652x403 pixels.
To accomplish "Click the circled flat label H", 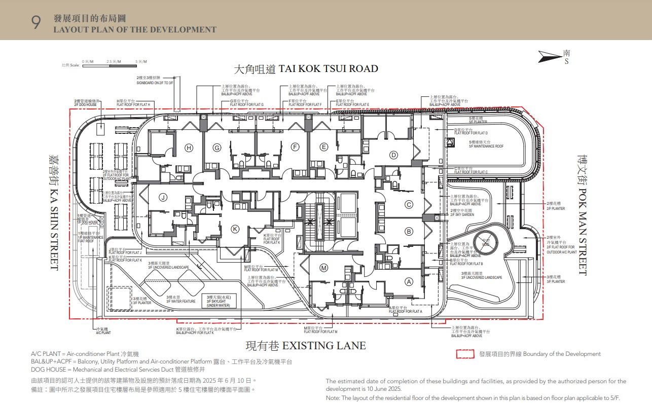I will click(x=189, y=148).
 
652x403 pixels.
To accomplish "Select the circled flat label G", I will click(x=217, y=148).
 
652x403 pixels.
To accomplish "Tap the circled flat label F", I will click(x=295, y=148).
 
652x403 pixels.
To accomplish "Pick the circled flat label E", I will click(x=324, y=148).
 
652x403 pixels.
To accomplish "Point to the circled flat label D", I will click(x=393, y=155).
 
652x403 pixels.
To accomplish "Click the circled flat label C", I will click(x=409, y=205).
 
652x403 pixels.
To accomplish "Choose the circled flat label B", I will click(x=409, y=232).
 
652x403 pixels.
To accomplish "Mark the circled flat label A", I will click(x=409, y=282).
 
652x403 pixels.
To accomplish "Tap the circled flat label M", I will click(x=323, y=268).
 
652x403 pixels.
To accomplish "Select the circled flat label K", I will click(x=235, y=229).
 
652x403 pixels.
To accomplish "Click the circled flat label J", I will click(x=163, y=197).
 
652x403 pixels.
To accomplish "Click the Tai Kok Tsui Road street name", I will click(x=306, y=69).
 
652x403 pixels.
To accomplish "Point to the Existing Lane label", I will click(x=306, y=346).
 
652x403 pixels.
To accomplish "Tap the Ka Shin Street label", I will click(x=53, y=212).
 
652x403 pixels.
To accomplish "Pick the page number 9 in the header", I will click(x=36, y=23).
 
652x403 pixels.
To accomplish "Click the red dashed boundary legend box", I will click(x=465, y=354).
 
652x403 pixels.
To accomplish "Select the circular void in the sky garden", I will click(x=486, y=241).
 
